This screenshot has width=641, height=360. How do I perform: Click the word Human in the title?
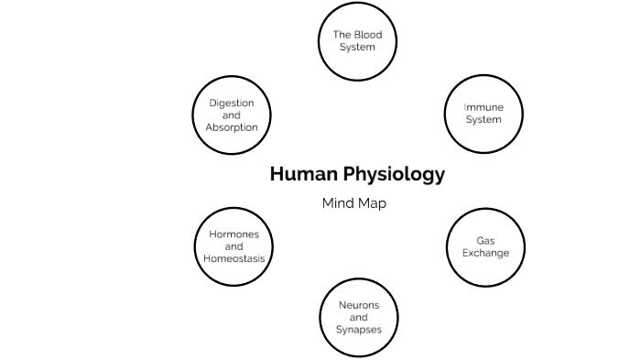click(299, 174)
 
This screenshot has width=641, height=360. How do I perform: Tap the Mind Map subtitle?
click(353, 203)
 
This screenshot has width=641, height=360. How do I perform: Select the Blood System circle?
click(357, 42)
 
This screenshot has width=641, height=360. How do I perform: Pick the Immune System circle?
click(483, 115)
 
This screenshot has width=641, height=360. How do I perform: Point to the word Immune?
click(483, 108)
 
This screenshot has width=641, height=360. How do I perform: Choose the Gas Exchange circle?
click(485, 247)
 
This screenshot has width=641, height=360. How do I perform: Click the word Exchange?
click(485, 253)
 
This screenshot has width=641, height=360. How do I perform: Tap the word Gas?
click(485, 241)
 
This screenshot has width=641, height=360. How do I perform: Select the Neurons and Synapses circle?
click(358, 317)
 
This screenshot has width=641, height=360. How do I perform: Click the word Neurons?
click(358, 305)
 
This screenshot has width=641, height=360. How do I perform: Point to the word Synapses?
click(358, 329)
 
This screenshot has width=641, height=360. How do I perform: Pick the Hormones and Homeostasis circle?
click(234, 246)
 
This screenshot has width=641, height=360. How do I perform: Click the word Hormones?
click(234, 235)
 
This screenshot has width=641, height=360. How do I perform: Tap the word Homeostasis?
click(234, 258)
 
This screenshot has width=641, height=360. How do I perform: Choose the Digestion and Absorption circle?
click(231, 115)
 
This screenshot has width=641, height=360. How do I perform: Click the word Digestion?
click(231, 104)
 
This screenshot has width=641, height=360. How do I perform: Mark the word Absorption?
click(231, 127)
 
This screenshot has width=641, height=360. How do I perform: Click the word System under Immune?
click(483, 120)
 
